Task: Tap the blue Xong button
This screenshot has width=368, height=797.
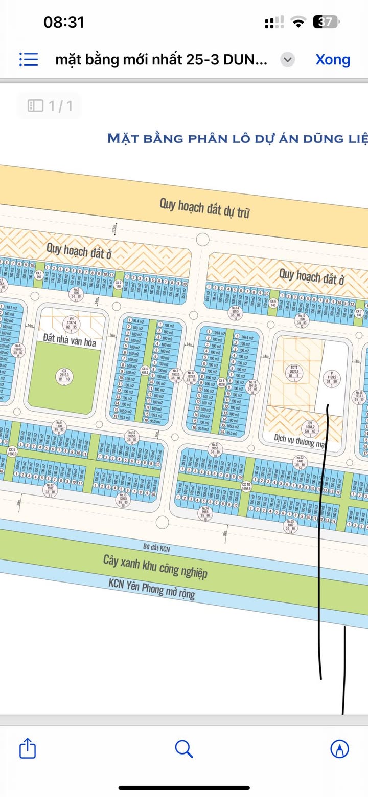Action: (333, 59)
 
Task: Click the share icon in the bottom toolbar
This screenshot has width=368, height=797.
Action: (28, 749)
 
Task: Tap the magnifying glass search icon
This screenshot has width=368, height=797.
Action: (183, 749)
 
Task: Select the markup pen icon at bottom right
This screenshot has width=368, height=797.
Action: (339, 749)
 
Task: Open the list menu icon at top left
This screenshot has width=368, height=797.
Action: (29, 59)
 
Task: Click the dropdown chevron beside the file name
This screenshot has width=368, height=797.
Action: (288, 60)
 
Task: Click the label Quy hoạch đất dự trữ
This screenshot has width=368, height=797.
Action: (204, 208)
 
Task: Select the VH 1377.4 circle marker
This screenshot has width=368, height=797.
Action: (72, 322)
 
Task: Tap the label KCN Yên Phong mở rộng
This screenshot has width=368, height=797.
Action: (151, 588)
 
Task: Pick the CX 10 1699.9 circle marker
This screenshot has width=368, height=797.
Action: (246, 486)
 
